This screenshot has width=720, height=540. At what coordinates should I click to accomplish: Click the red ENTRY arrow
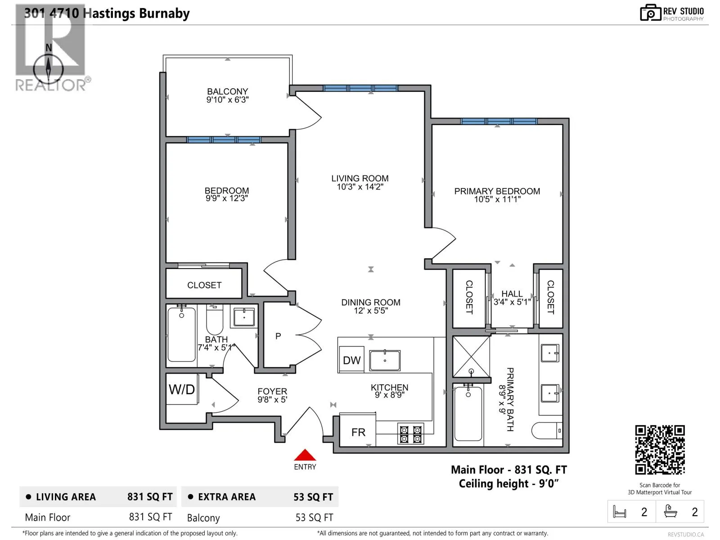tap(304, 455)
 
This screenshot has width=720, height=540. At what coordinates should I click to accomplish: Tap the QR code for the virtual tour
tap(660, 450)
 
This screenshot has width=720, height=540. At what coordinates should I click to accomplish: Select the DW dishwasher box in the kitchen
tap(351, 359)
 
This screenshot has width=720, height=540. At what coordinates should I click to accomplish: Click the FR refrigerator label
tap(358, 432)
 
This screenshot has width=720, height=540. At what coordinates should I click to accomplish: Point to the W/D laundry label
tap(182, 389)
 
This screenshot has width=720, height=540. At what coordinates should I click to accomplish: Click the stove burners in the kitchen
tap(410, 434)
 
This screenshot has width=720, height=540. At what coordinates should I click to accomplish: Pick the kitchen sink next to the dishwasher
tap(384, 360)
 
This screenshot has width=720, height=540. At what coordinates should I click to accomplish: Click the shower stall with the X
tap(471, 356)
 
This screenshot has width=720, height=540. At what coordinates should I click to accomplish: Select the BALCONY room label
tap(227, 91)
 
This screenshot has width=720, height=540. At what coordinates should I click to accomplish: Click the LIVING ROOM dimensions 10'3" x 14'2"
tap(360, 187)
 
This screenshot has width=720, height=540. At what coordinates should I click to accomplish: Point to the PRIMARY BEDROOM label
tap(497, 191)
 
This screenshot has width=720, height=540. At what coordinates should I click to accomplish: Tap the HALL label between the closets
tap(512, 294)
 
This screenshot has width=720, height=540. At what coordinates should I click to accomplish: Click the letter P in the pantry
tap(278, 336)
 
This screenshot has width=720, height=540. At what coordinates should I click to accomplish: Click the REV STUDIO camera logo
tap(650, 13)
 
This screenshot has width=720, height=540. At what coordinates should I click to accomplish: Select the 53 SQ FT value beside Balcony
tap(314, 517)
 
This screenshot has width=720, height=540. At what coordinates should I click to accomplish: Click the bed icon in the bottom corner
tap(619, 511)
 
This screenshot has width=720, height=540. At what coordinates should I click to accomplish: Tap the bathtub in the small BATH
tap(181, 334)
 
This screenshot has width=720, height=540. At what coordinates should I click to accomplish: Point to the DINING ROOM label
tap(371, 302)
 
